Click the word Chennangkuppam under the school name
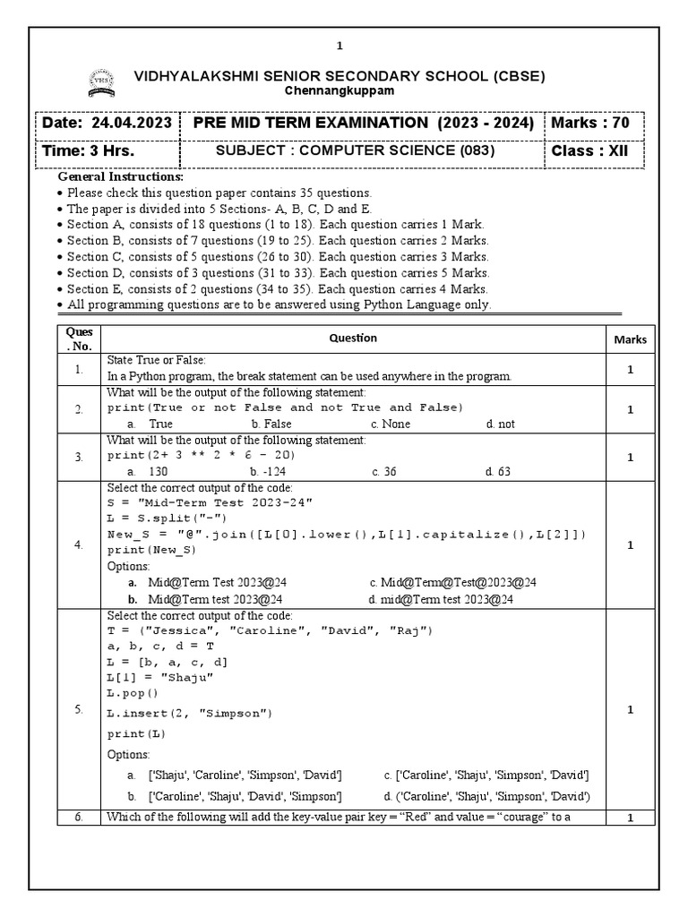tap(339, 91)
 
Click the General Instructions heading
tap(120, 176)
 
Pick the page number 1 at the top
tap(340, 46)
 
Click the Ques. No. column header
tap(80, 339)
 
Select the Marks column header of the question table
tap(630, 339)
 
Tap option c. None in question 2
tap(391, 424)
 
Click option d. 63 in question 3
tap(498, 471)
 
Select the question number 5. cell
tap(80, 709)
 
